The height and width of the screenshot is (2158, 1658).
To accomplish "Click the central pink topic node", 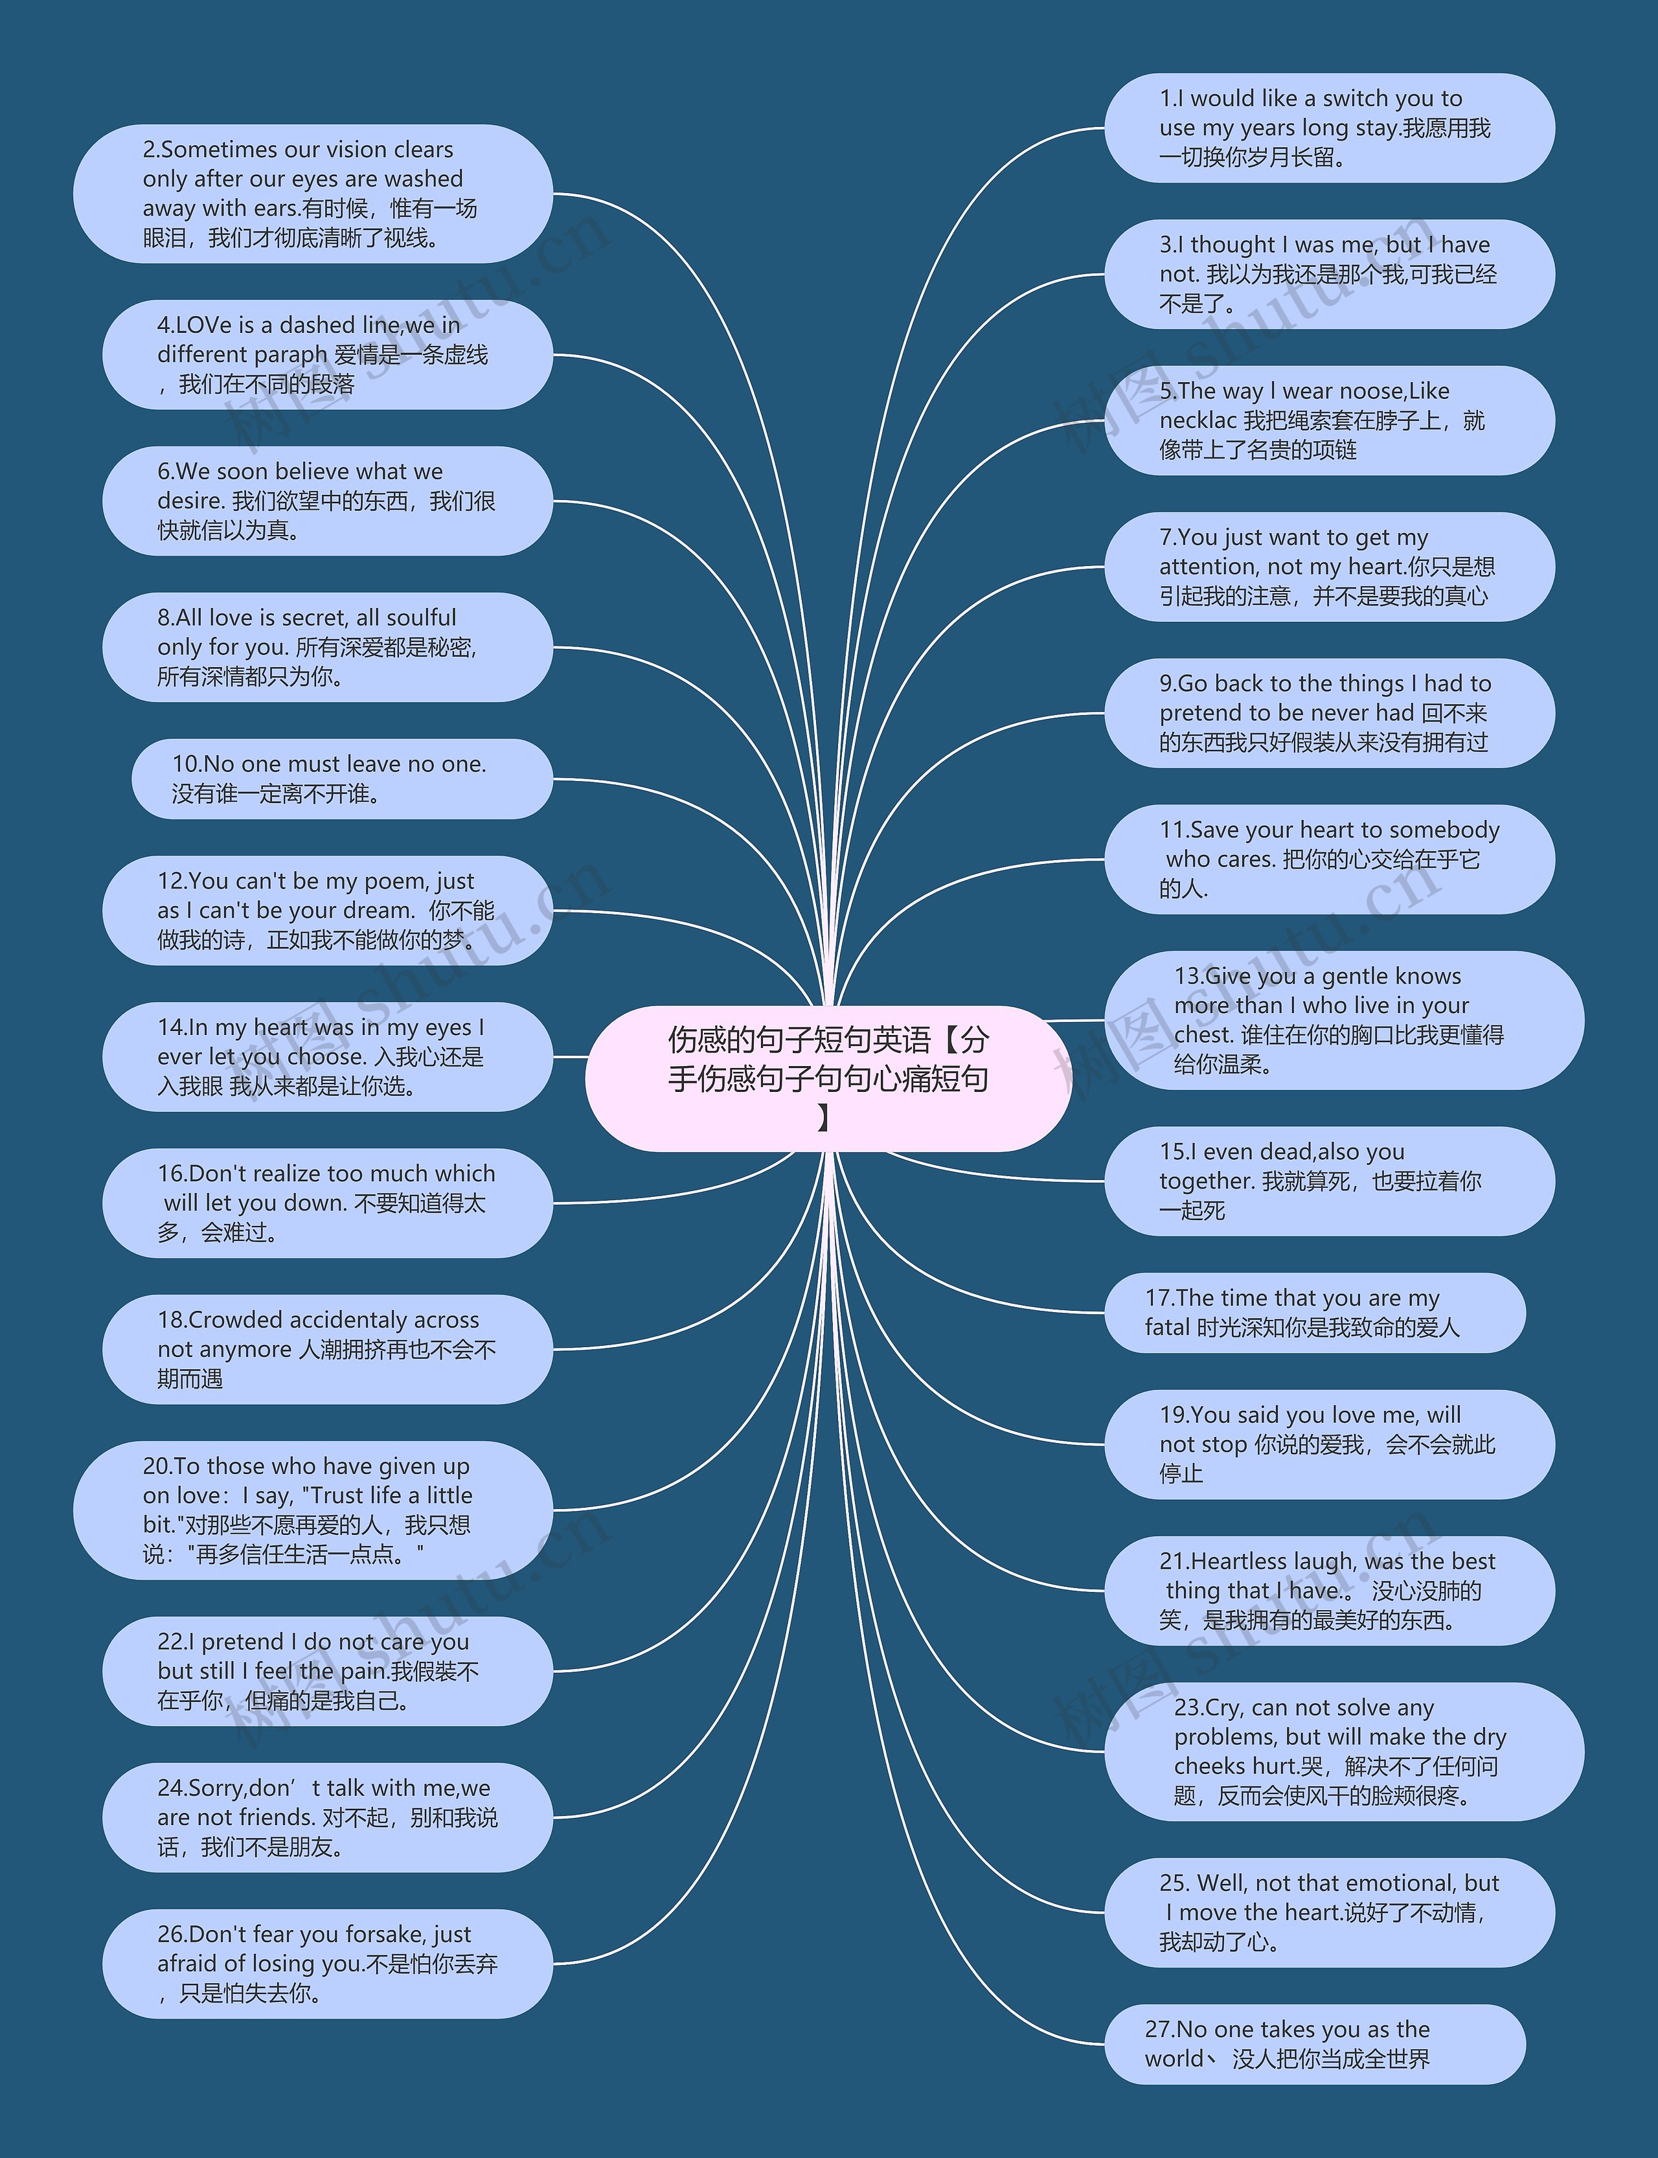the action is click(x=827, y=1078).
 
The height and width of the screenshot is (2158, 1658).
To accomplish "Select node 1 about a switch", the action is click(x=1328, y=128).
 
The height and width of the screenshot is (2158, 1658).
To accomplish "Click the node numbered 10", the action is click(x=341, y=778).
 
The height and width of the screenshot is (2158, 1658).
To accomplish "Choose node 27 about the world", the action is click(x=1315, y=2043).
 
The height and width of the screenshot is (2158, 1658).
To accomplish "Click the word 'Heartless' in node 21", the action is click(x=1238, y=1561).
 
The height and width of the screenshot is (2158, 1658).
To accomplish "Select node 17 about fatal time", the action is click(x=1315, y=1312).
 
